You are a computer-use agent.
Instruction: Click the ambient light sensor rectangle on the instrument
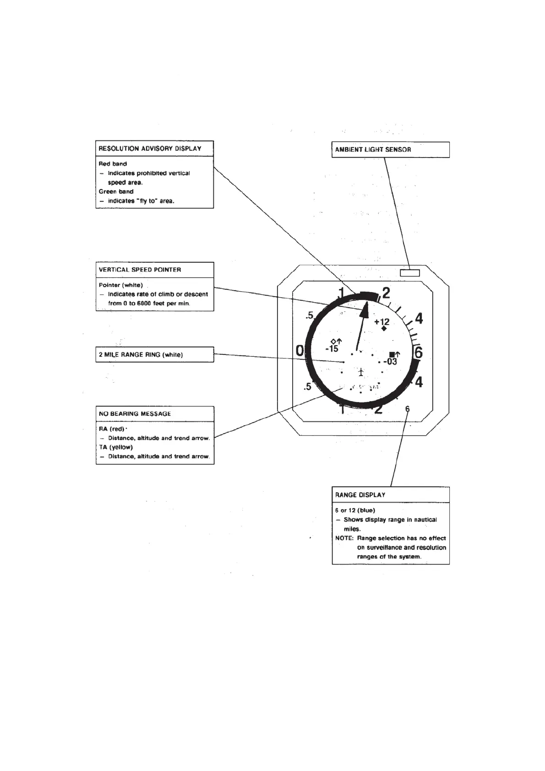click(x=409, y=273)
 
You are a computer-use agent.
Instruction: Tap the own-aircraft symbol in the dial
click(x=361, y=372)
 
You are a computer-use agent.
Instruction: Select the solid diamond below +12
click(x=384, y=328)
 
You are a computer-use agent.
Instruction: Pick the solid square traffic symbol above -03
click(x=392, y=354)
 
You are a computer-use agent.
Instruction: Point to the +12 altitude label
click(x=382, y=321)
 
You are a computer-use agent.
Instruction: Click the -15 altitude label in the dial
click(x=332, y=349)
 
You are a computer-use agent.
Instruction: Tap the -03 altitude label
click(x=390, y=362)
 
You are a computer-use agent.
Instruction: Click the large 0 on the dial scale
click(x=300, y=351)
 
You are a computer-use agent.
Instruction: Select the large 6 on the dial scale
click(x=418, y=353)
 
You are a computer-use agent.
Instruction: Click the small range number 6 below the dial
click(x=407, y=409)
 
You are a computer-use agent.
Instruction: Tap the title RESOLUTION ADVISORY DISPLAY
click(x=150, y=148)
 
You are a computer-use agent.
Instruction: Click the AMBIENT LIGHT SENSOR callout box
click(x=390, y=150)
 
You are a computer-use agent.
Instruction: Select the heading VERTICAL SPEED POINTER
click(x=140, y=270)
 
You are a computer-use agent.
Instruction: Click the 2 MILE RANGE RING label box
click(x=154, y=354)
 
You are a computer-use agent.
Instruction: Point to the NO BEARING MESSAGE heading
click(x=135, y=413)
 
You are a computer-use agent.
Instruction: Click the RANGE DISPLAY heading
click(x=360, y=494)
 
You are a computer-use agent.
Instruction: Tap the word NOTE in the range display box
click(x=344, y=538)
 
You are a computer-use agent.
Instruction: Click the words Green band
click(x=116, y=191)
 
